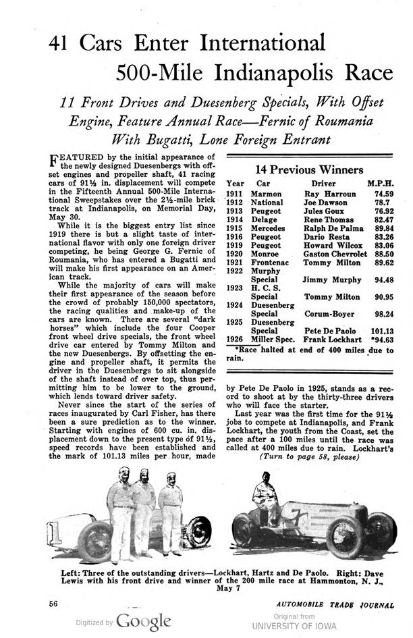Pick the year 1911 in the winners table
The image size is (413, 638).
point(234,194)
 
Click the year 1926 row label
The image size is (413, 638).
point(234,340)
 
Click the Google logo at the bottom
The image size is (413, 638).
point(144,620)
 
